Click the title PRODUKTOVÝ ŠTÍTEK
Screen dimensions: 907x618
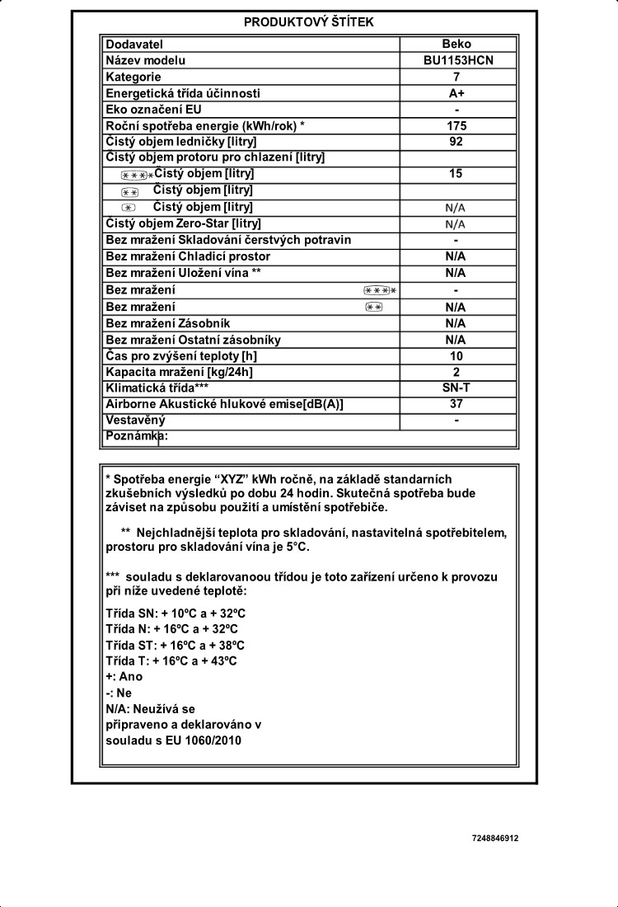pyautogui.click(x=308, y=22)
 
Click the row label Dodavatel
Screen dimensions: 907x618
pyautogui.click(x=134, y=44)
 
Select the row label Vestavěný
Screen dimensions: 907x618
pyautogui.click(x=136, y=421)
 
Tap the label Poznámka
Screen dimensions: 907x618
pyautogui.click(x=137, y=437)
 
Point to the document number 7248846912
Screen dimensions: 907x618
pyautogui.click(x=495, y=839)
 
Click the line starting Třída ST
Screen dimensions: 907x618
pyautogui.click(x=176, y=645)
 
